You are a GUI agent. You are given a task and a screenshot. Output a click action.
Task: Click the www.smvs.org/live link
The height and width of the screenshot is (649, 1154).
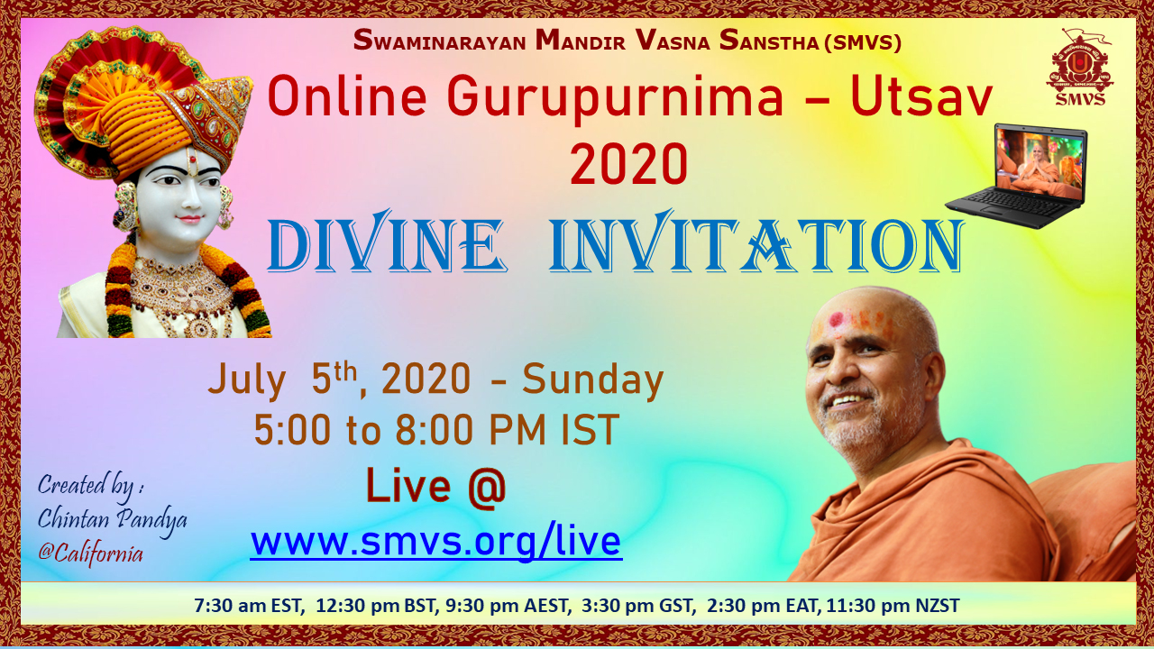click(436, 541)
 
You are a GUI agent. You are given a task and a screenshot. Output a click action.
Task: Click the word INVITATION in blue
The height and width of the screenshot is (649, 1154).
click(756, 243)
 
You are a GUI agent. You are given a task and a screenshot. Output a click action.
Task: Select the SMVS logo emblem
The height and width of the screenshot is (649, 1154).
click(1080, 68)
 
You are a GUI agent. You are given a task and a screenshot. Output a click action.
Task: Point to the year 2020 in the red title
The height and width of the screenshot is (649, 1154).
click(629, 164)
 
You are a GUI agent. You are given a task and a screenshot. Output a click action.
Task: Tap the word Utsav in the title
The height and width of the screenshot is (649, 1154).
click(921, 96)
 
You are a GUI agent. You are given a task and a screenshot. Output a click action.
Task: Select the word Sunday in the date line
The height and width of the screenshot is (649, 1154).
click(592, 380)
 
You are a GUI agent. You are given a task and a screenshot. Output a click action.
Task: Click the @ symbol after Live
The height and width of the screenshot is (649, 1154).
click(487, 488)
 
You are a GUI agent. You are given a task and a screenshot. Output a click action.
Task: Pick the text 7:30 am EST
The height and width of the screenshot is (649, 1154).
click(248, 605)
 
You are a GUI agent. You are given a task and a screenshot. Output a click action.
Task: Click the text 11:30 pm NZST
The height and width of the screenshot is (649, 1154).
click(893, 605)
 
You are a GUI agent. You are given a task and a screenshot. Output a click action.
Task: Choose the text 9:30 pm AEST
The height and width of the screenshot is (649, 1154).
click(508, 605)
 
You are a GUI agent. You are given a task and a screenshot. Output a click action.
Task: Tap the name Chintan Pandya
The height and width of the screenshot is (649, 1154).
click(113, 520)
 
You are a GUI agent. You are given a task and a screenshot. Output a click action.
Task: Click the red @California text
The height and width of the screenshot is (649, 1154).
click(91, 554)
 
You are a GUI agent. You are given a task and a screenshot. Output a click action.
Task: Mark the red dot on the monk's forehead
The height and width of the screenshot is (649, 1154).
click(836, 320)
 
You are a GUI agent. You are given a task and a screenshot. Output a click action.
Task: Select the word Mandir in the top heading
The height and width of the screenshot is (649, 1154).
click(580, 41)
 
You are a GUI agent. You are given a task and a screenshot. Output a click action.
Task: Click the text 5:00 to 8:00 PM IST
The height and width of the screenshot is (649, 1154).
click(436, 430)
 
